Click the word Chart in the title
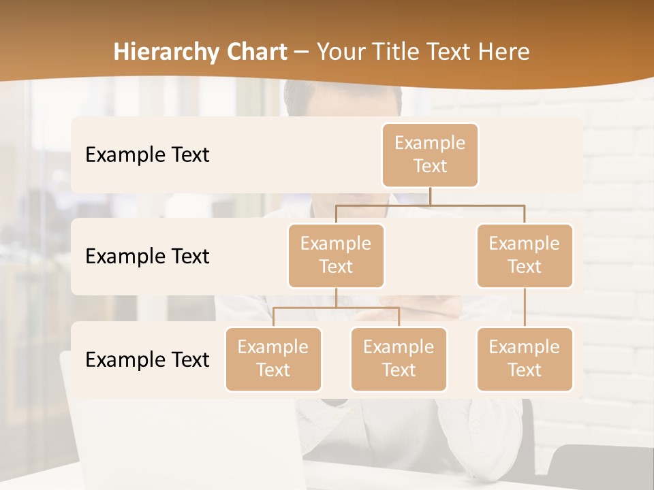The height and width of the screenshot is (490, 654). [x=257, y=52]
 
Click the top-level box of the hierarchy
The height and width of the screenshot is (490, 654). [x=430, y=154]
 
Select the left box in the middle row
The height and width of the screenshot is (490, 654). [x=336, y=255]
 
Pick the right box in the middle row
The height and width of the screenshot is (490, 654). [x=525, y=255]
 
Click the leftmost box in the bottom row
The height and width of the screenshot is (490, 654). [x=273, y=359]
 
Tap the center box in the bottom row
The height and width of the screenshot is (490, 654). [x=399, y=359]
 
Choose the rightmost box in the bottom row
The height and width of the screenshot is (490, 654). [x=525, y=359]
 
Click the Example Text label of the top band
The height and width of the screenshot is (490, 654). [x=147, y=155]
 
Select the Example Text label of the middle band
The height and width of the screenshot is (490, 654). [x=147, y=257]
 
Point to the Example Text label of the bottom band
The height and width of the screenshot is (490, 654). [x=147, y=359]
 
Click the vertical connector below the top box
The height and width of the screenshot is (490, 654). [x=430, y=196]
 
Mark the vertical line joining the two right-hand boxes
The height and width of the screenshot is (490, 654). [x=525, y=308]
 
